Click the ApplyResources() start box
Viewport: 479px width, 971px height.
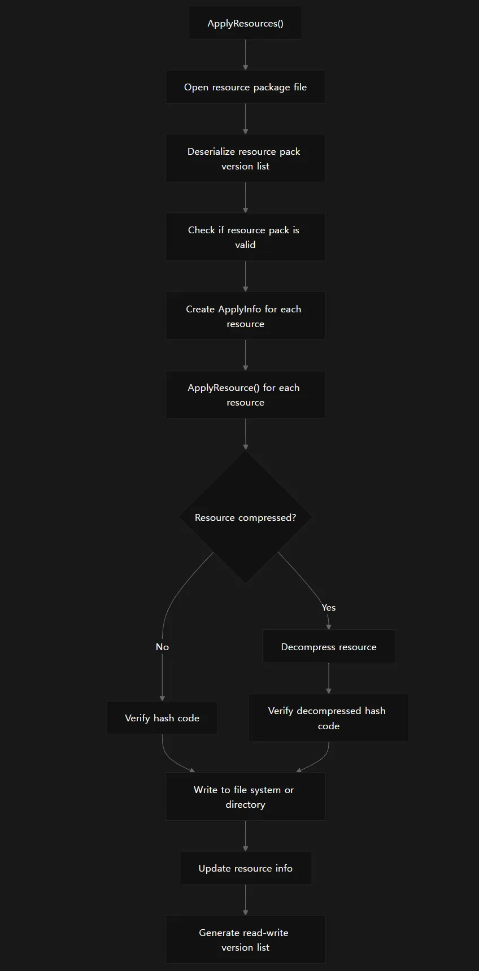[245, 23]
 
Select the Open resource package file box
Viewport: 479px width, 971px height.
[245, 87]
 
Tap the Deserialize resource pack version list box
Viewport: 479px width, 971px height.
[245, 158]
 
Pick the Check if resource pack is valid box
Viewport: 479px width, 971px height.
[245, 237]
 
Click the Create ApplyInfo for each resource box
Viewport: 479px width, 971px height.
[245, 316]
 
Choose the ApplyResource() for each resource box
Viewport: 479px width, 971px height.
[245, 395]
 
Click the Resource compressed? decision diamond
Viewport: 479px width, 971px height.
[245, 517]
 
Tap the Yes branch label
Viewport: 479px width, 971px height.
[329, 607]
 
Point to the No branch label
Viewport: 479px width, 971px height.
[162, 647]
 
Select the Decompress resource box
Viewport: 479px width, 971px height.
[329, 647]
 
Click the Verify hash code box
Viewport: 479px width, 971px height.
[162, 718]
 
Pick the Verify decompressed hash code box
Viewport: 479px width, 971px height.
[329, 718]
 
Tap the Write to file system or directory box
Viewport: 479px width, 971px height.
[245, 797]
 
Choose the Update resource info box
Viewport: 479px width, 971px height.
[245, 868]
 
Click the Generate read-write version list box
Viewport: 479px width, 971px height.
[245, 940]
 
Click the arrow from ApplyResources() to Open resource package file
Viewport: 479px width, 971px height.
[245, 55]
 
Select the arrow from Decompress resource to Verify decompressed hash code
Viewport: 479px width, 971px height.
[329, 678]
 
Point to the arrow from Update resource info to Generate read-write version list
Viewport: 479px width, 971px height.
[245, 900]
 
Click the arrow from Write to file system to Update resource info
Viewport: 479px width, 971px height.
[245, 836]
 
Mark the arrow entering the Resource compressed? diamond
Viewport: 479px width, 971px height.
[245, 434]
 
